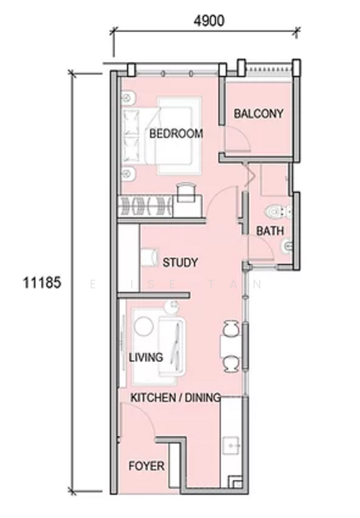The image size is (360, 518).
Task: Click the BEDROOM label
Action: pos(175,134)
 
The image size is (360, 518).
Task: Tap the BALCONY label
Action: pos(258,113)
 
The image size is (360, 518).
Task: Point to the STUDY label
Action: pos(180,262)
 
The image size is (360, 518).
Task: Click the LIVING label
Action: pos(146,356)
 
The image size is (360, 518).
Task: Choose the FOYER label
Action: pos(147,466)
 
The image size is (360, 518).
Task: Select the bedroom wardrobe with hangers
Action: pos(147,207)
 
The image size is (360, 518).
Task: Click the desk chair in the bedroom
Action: pos(186,190)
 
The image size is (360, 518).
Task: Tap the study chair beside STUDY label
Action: pos(147,256)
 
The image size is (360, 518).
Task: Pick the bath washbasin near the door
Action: pos(287,247)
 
